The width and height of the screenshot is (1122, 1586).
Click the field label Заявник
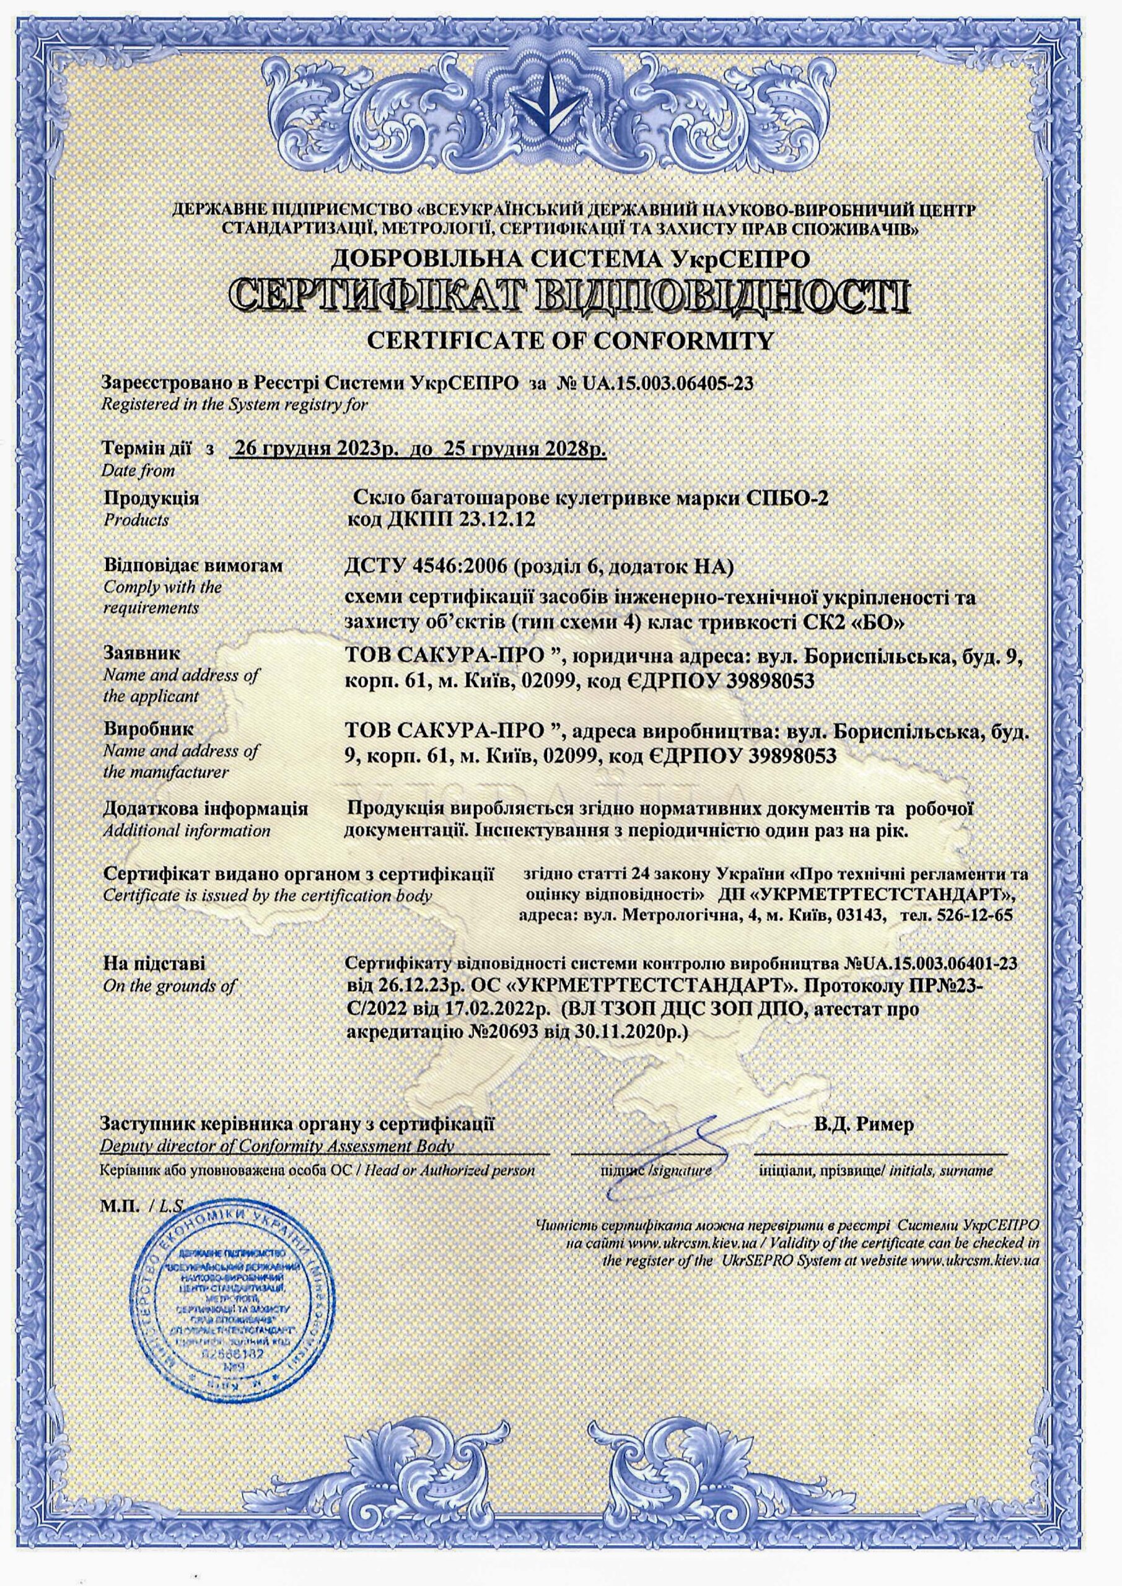pyautogui.click(x=142, y=652)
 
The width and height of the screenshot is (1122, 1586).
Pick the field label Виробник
pyautogui.click(x=149, y=729)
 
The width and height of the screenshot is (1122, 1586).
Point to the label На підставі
pyautogui.click(x=154, y=963)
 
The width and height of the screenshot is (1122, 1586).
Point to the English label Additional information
pyautogui.click(x=186, y=830)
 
